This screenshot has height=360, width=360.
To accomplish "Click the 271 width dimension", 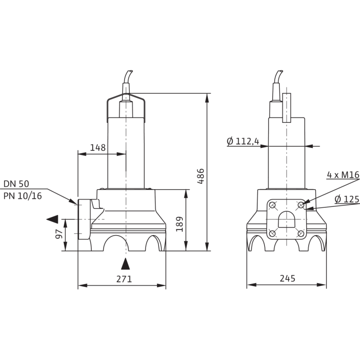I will (x=123, y=279).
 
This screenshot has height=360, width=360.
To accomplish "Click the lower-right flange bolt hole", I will (x=300, y=234).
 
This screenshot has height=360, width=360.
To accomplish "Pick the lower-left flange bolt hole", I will (x=273, y=234).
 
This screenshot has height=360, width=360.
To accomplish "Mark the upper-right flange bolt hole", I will (x=300, y=205).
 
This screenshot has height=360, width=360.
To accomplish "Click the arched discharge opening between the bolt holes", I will (x=287, y=221).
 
